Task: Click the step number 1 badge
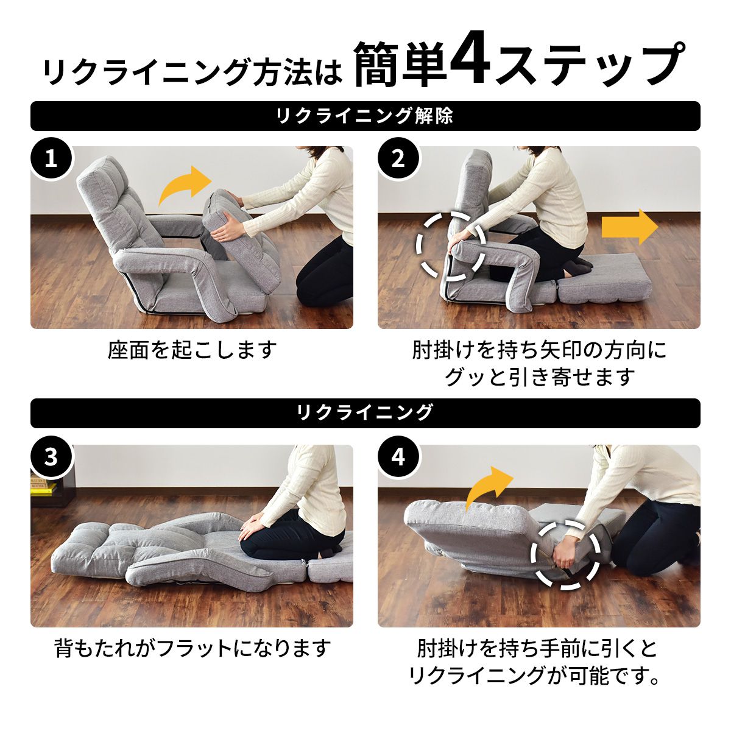51,159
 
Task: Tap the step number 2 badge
398,159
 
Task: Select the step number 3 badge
51,457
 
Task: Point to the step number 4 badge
398,457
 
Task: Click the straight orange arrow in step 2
630,227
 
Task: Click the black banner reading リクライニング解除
365,116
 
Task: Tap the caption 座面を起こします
192,350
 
